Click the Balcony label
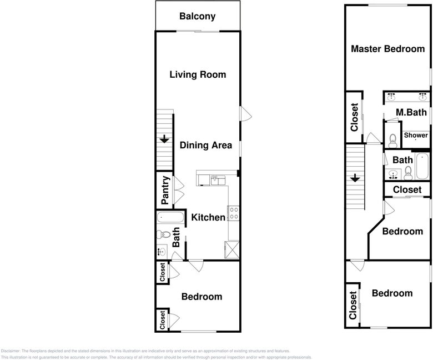point(197,16)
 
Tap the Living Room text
point(198,74)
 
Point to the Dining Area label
point(206,146)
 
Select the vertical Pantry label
point(165,190)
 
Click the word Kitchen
point(208,217)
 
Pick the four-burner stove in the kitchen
point(234,213)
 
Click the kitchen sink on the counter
point(218,180)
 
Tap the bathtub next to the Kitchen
point(170,217)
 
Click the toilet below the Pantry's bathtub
point(163,234)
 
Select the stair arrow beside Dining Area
point(164,139)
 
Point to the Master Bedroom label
point(387,49)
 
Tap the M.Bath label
point(411,112)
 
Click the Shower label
point(416,136)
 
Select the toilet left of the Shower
point(392,141)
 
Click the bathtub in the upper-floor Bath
point(422,166)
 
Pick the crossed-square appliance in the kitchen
point(232,250)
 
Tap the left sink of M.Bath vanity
point(391,97)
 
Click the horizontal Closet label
point(407,190)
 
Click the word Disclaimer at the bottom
point(11,351)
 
